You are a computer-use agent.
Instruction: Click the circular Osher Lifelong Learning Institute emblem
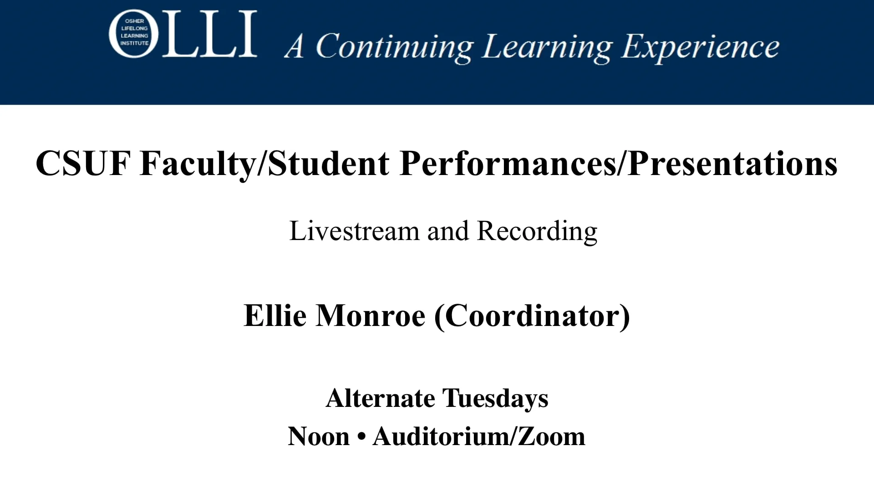[134, 34]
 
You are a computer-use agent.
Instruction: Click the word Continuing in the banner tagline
[395, 47]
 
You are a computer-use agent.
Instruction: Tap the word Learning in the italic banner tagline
[547, 47]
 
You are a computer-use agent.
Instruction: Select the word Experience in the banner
[701, 47]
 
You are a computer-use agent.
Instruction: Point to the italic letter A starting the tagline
[295, 46]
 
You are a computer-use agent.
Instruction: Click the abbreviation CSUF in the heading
[83, 163]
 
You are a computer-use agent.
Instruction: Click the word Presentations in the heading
[732, 163]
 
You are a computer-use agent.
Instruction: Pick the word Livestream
[354, 231]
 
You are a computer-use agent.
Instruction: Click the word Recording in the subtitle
[537, 232]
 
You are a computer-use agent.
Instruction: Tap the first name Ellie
[275, 316]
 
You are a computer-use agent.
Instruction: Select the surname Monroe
[371, 316]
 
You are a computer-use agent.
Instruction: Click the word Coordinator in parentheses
[533, 316]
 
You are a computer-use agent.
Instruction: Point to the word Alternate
[381, 399]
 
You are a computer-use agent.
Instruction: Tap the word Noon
[319, 437]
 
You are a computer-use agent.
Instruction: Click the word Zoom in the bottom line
[551, 437]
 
